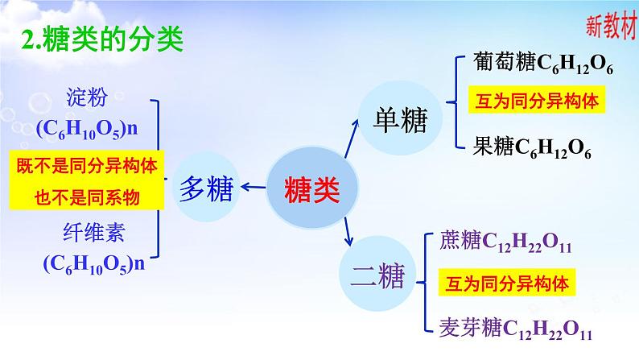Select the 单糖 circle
click(x=399, y=122)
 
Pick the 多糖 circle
click(x=207, y=189)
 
